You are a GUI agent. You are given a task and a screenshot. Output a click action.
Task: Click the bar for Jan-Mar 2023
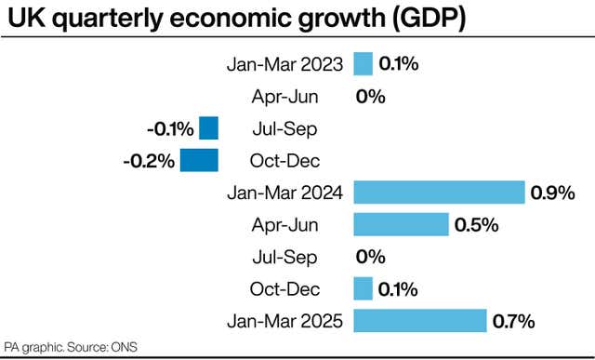[363, 64]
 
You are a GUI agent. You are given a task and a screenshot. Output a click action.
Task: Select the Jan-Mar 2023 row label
[285, 64]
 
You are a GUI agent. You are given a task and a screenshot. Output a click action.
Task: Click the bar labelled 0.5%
[401, 225]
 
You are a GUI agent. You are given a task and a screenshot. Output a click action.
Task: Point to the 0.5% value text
[476, 225]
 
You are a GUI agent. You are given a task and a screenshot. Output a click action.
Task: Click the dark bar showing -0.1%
[208, 128]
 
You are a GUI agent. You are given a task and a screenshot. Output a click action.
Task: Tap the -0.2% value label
[149, 161]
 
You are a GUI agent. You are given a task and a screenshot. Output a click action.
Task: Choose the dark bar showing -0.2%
[199, 161]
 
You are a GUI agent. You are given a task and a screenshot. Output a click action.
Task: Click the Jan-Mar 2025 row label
[285, 322]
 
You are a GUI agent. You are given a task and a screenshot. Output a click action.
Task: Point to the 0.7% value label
[513, 322]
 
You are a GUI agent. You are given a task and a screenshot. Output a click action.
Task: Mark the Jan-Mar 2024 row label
[285, 193]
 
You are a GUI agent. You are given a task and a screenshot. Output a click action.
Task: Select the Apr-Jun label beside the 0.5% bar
[285, 225]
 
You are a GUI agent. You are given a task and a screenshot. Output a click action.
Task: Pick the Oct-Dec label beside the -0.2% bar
[285, 161]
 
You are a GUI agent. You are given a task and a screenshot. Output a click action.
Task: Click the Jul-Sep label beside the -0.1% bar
[285, 128]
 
